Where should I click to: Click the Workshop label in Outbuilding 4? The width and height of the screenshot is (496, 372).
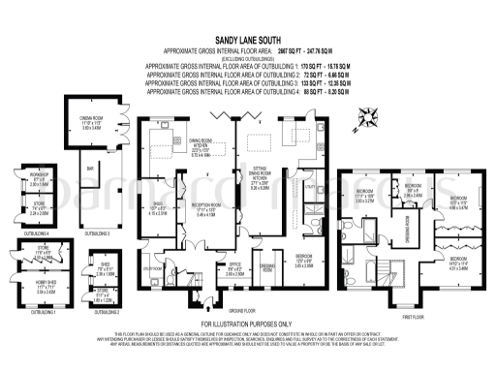coord(39,179)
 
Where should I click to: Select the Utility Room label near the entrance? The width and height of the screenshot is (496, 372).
coord(152,269)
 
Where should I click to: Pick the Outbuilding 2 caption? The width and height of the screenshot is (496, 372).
coord(101,313)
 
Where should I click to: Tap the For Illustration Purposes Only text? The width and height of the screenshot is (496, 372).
coord(247,323)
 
